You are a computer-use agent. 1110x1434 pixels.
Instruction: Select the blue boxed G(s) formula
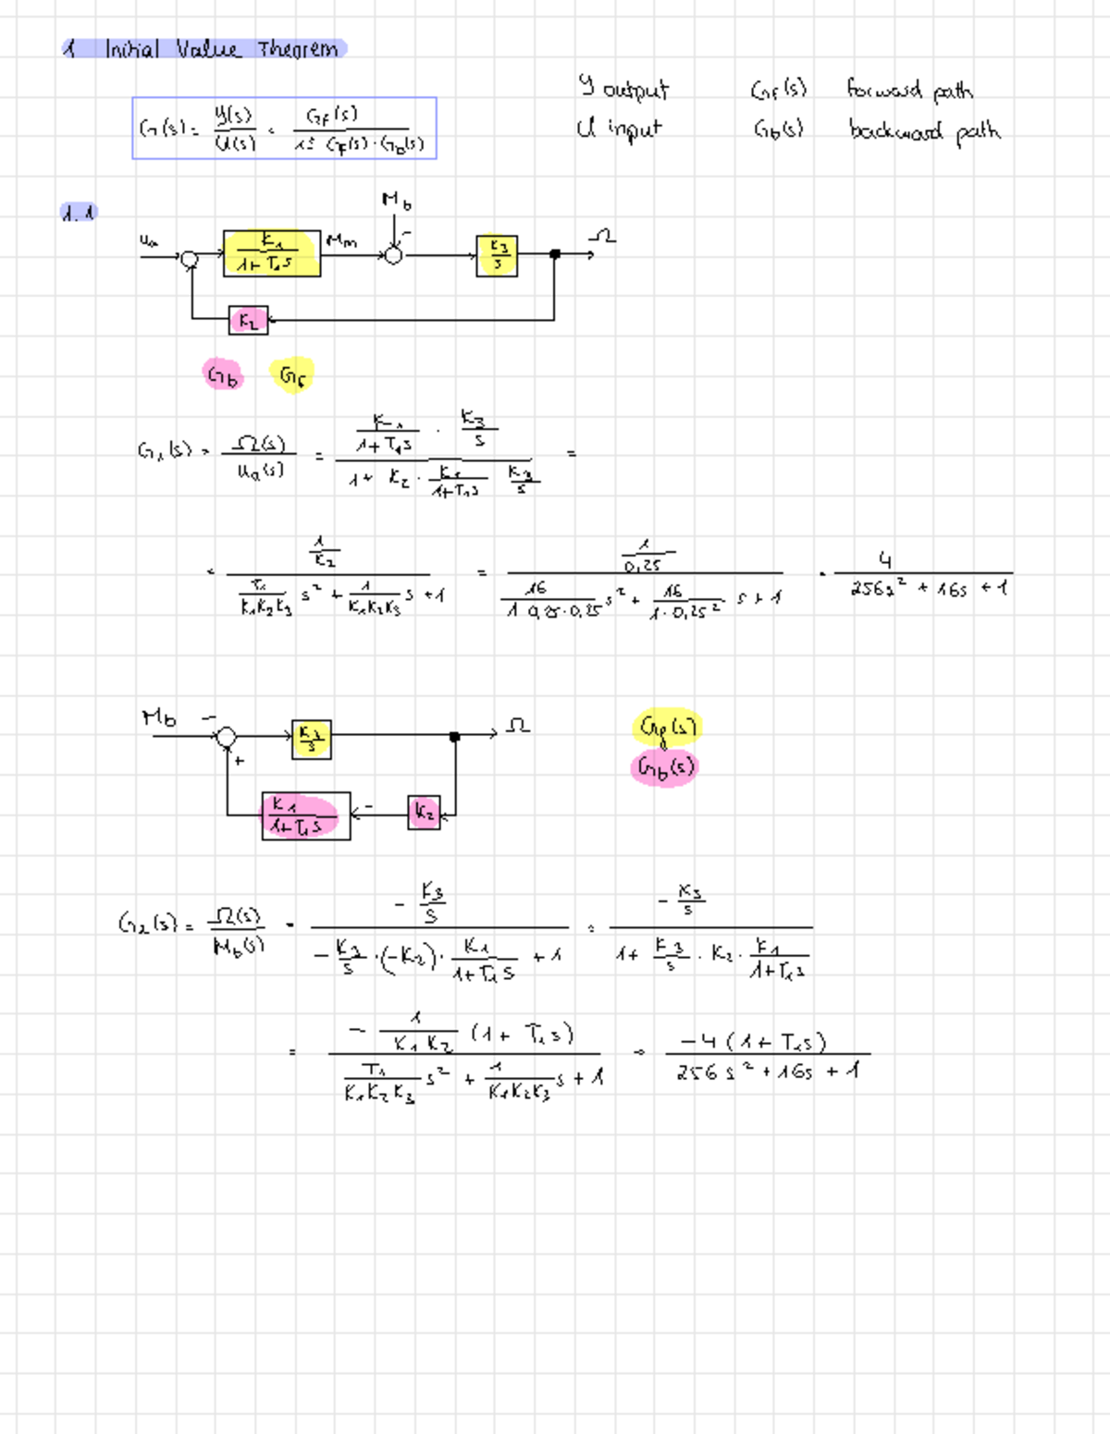284,129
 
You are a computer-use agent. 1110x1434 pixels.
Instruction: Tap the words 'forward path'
909,90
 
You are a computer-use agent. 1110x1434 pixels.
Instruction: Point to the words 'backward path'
924,130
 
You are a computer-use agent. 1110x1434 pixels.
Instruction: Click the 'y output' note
623,88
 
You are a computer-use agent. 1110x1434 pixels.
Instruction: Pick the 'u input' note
619,128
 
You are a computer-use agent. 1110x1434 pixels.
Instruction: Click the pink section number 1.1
78,213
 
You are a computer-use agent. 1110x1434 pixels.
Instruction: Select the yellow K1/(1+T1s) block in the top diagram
271,253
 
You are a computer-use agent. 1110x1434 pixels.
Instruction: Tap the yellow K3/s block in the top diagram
497,255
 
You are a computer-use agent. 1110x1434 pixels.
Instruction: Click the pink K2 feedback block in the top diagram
248,320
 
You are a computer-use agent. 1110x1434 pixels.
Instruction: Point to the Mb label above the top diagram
396,201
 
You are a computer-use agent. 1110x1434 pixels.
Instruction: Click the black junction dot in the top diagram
555,254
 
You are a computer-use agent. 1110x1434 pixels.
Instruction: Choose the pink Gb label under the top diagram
223,374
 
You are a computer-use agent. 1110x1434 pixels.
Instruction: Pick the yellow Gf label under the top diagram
292,375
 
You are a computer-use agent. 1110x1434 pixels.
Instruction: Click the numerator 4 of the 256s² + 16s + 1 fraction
885,560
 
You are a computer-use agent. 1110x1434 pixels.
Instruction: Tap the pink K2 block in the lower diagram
424,813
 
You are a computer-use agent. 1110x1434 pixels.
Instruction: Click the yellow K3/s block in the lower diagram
311,739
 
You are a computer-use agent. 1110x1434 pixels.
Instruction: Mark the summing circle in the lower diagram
227,737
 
